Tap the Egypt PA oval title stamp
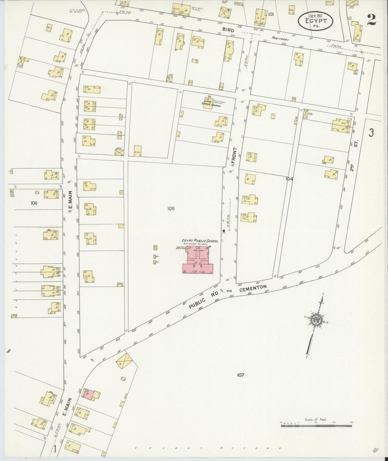[315, 21]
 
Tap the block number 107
[240, 375]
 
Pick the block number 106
[34, 203]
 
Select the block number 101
[271, 14]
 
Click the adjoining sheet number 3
[371, 133]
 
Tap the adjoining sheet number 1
[55, 449]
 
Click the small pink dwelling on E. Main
[88, 394]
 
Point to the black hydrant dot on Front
[224, 231]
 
